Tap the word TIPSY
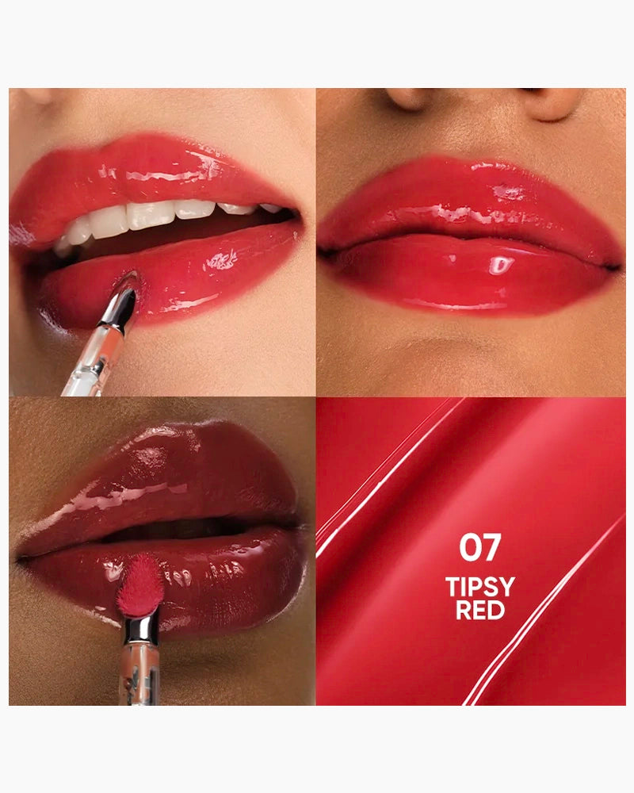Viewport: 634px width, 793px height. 479,588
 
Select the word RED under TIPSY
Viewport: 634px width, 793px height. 479,610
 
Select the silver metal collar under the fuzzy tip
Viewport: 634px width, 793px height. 141,628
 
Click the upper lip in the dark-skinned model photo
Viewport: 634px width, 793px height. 182,476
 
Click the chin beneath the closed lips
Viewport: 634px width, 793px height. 468,357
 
